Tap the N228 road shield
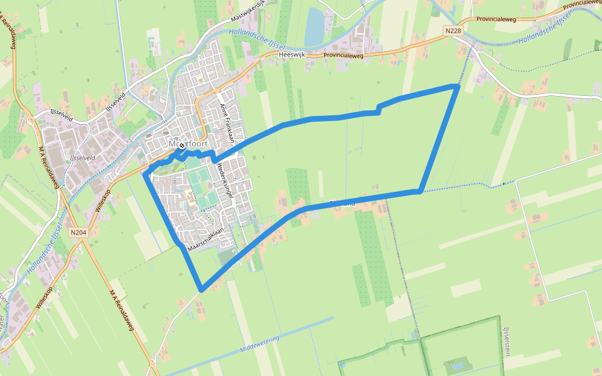click(x=455, y=30)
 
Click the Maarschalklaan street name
click(x=206, y=240)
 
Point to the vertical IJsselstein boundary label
click(x=505, y=342)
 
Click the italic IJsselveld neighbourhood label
click(x=83, y=158)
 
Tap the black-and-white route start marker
click(x=182, y=145)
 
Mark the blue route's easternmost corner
click(x=458, y=86)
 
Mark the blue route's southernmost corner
click(x=201, y=290)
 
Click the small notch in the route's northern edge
click(x=378, y=110)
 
